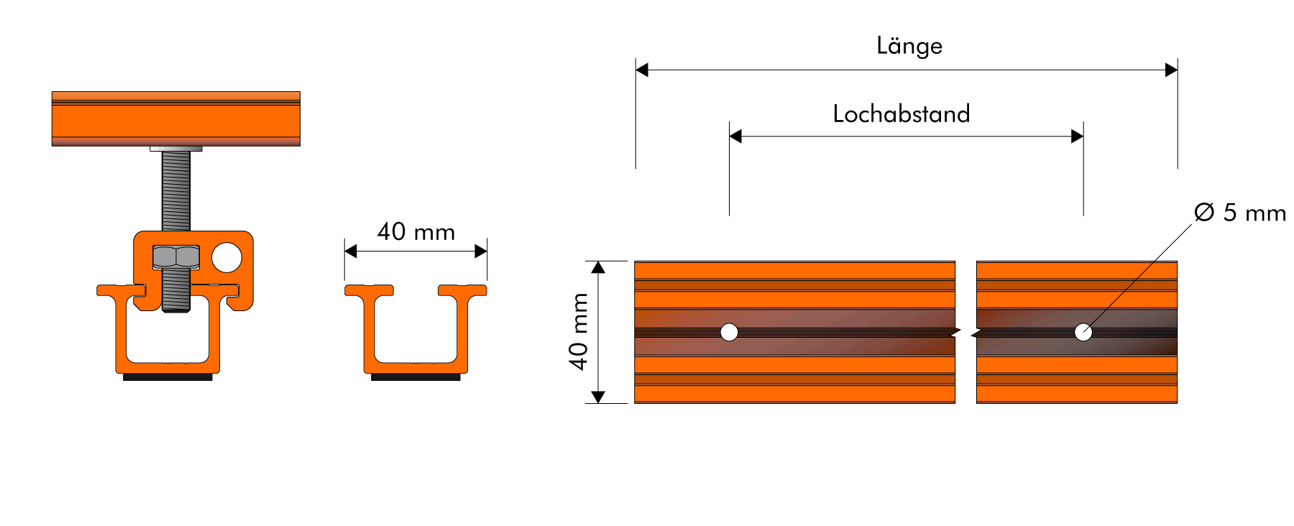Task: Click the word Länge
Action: [x=909, y=46]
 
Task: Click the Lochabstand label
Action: [x=901, y=114]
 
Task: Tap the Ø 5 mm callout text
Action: [x=1240, y=213]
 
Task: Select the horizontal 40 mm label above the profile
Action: [x=416, y=231]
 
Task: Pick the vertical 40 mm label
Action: [x=579, y=331]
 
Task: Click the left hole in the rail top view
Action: [x=729, y=332]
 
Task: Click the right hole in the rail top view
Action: [x=1083, y=332]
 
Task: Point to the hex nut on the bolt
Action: [x=176, y=257]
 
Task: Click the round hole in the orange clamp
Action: [x=226, y=257]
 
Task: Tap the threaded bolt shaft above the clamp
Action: [x=176, y=190]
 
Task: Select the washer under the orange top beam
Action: [x=176, y=149]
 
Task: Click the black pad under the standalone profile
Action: [x=416, y=377]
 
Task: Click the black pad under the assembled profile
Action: [x=168, y=377]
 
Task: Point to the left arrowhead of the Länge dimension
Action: [x=642, y=70]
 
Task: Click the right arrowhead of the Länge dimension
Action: [x=1171, y=70]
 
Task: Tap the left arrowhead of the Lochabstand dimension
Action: [x=735, y=137]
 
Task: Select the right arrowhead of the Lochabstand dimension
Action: [x=1077, y=137]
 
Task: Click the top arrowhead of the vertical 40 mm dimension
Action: [x=598, y=268]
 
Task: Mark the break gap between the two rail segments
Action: [x=965, y=332]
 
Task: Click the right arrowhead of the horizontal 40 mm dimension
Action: [x=481, y=252]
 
